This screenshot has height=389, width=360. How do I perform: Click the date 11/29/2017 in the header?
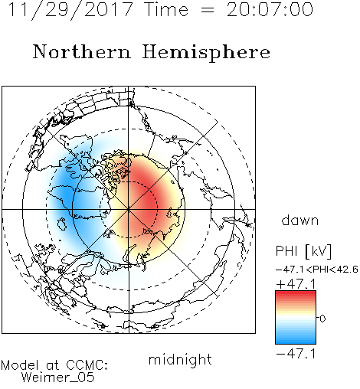pyautogui.click(x=70, y=10)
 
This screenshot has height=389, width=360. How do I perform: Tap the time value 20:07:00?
pyautogui.click(x=270, y=10)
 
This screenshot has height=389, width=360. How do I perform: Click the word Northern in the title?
pyautogui.click(x=81, y=51)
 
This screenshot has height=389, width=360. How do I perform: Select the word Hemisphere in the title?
pyautogui.click(x=206, y=52)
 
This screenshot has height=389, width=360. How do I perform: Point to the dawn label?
pyautogui.click(x=300, y=220)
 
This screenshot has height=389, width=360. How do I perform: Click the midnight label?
pyautogui.click(x=180, y=359)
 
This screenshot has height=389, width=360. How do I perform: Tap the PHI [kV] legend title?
pyautogui.click(x=303, y=251)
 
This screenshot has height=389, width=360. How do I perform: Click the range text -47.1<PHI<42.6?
pyautogui.click(x=317, y=270)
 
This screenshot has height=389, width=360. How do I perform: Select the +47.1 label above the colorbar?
pyautogui.click(x=296, y=284)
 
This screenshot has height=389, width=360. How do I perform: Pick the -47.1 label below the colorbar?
pyautogui.click(x=296, y=354)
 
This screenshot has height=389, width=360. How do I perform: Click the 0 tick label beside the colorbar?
pyautogui.click(x=322, y=319)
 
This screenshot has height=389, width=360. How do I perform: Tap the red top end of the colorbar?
pyautogui.click(x=296, y=293)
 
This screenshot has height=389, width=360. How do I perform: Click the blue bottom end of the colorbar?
pyautogui.click(x=296, y=342)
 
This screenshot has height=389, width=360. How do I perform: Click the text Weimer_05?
pyautogui.click(x=58, y=378)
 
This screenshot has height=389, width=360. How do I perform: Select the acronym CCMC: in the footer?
pyautogui.click(x=87, y=365)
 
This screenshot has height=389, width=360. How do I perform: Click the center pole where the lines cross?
pyautogui.click(x=129, y=209)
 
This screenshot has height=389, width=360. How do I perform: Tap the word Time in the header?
pyautogui.click(x=166, y=10)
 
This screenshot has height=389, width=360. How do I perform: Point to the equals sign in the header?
pyautogui.click(x=208, y=10)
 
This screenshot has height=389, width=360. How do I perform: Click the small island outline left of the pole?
pyautogui.click(x=62, y=224)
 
